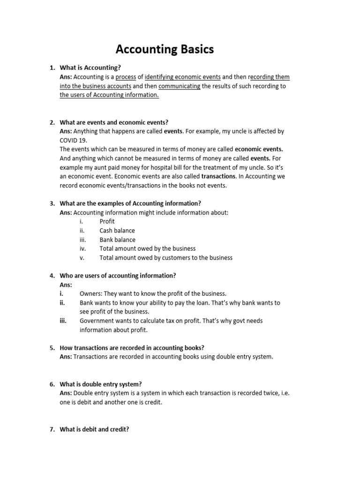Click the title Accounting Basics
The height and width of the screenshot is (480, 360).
[x=165, y=49]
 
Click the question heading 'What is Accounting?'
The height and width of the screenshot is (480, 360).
[x=90, y=68]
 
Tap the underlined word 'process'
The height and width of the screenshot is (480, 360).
[x=126, y=77]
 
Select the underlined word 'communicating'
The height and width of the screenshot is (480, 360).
[x=180, y=86]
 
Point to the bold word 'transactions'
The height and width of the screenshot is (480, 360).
[x=219, y=177]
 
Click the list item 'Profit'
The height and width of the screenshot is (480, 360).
[x=107, y=221]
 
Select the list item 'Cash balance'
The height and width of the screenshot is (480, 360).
[x=117, y=231]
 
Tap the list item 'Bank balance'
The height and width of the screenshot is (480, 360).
[x=117, y=240]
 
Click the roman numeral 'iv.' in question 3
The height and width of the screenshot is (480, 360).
[x=82, y=248]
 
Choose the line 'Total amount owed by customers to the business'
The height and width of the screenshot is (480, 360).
[x=165, y=258]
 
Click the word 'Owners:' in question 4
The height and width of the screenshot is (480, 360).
[x=91, y=294]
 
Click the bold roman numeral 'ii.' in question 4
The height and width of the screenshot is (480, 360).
[x=62, y=303]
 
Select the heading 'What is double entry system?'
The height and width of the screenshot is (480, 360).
[x=100, y=384]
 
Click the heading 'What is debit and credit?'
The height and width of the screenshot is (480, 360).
[x=94, y=429]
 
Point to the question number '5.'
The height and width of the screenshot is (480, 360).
[x=52, y=348]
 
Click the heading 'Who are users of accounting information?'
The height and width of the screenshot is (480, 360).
[x=118, y=276]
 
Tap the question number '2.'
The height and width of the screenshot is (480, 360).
[x=52, y=122]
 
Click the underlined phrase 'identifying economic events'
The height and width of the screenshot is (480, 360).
[x=183, y=77]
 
